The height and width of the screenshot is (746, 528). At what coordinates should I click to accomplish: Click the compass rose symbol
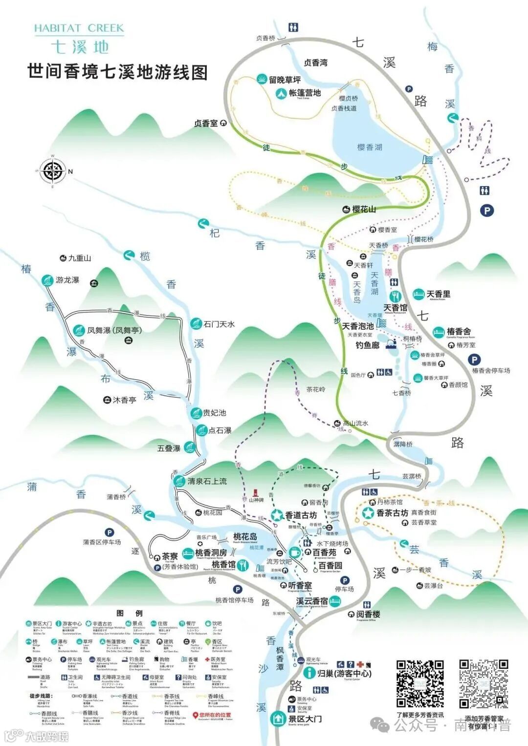pos(52,171)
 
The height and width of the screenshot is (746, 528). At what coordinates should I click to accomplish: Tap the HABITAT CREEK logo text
pos(79,28)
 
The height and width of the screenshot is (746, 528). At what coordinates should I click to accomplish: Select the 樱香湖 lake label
pos(370,147)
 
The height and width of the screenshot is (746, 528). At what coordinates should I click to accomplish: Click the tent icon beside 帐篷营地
pos(281,93)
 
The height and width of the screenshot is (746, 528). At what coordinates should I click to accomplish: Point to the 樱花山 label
pos(364,209)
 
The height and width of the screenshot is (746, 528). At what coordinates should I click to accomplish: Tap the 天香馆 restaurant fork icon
pos(395,296)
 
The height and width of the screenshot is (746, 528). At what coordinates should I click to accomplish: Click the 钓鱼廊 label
pos(368,345)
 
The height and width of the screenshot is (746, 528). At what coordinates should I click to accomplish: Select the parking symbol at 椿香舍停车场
pos(474,360)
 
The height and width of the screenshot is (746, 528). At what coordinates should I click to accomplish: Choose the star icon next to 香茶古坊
pos(368,513)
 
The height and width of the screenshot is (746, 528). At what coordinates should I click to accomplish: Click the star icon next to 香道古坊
pos(277,515)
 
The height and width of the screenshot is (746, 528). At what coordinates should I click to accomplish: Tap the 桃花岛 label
pos(245,536)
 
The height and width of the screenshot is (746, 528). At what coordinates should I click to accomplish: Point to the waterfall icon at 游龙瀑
pos(47,280)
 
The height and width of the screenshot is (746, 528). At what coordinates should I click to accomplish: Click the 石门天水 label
pos(219,324)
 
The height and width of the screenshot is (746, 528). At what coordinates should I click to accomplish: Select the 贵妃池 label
pos(215,413)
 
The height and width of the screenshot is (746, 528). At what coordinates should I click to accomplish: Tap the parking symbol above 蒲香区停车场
pos(110,533)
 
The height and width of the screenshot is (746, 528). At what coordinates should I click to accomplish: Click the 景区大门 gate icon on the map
pos(278,719)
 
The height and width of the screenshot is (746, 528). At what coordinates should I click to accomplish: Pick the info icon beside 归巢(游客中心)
pos(309,673)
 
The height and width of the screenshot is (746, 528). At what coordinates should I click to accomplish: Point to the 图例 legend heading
pos(130,613)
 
